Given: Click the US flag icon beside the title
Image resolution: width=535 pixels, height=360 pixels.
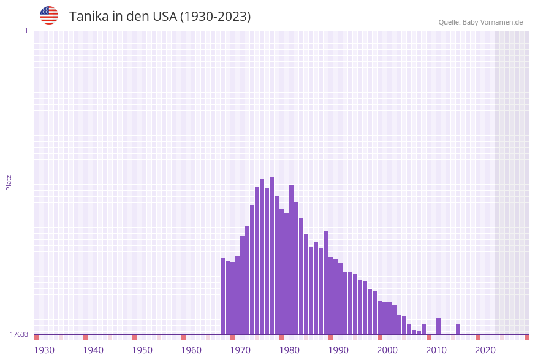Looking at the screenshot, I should click(49, 15).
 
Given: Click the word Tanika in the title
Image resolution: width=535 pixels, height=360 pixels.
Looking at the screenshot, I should click(89, 17).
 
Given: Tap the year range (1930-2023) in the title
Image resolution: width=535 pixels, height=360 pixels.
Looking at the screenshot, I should click(215, 17).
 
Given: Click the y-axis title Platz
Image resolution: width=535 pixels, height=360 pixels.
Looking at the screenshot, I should click(9, 182).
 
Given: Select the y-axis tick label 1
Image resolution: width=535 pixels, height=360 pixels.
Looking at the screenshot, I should click(26, 31).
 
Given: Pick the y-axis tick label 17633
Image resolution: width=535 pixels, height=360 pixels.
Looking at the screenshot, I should click(19, 334).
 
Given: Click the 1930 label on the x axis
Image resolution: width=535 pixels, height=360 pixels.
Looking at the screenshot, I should click(44, 350).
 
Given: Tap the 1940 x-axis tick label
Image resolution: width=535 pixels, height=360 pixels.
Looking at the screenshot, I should click(93, 350).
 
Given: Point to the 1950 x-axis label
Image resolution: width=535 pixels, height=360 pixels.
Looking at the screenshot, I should click(142, 350).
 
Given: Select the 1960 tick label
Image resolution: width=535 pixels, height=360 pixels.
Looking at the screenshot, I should click(191, 350).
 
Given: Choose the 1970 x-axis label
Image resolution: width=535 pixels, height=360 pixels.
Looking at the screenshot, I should click(240, 350).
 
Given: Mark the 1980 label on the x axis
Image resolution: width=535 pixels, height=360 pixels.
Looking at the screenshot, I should click(289, 350).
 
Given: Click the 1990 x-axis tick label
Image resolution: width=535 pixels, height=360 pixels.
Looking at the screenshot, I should click(338, 350).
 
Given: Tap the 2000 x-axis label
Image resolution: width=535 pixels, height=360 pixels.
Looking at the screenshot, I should click(387, 350).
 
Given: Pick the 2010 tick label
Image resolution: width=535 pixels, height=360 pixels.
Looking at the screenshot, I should click(436, 350).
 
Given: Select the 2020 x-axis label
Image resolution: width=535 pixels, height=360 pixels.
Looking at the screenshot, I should click(485, 350).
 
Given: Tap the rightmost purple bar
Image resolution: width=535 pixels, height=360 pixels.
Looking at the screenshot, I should click(458, 329).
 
